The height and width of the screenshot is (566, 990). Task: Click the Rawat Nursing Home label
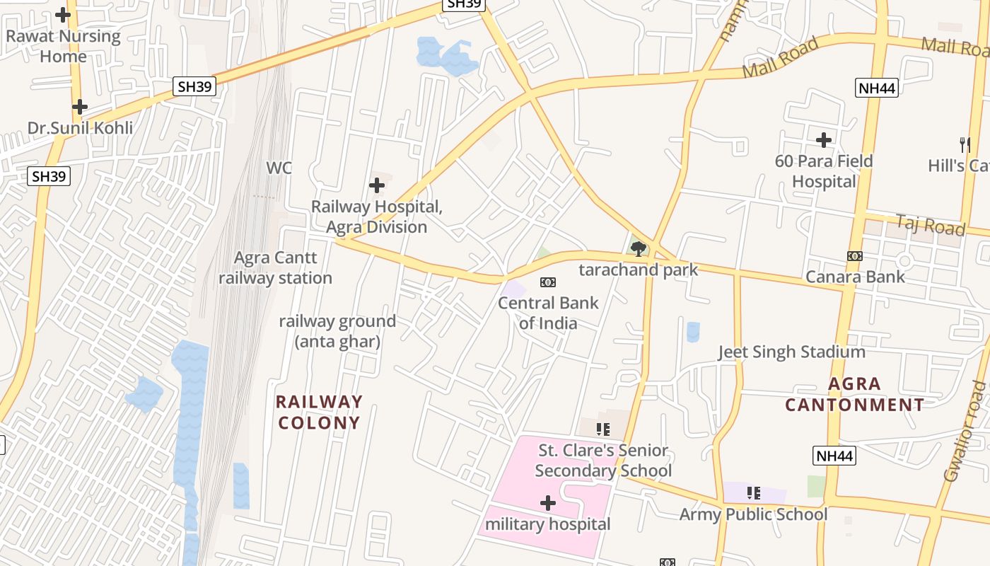click(x=63, y=46)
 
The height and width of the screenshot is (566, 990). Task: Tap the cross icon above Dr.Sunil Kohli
click(x=80, y=107)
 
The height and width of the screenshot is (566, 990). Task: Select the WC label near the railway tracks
click(x=279, y=168)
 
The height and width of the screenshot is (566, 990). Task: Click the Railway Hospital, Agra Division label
click(x=377, y=217)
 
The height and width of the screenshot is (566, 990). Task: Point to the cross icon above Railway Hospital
click(x=377, y=185)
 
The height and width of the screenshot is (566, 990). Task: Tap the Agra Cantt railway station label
click(x=275, y=268)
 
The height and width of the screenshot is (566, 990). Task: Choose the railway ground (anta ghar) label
click(x=337, y=331)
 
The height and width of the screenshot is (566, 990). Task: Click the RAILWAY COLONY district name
click(x=319, y=412)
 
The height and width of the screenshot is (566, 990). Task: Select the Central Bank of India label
click(x=548, y=313)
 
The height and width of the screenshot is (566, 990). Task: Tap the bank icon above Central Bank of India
click(x=548, y=282)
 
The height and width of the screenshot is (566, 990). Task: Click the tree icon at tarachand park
click(x=639, y=248)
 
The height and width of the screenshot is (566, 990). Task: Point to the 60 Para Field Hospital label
click(x=824, y=171)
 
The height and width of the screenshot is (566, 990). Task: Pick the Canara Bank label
click(x=856, y=276)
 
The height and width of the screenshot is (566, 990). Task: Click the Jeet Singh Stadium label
click(x=791, y=352)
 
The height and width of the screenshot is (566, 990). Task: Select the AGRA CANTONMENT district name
click(x=854, y=394)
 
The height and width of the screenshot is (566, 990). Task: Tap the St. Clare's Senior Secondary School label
click(x=603, y=461)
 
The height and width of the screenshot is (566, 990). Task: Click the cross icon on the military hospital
click(x=548, y=503)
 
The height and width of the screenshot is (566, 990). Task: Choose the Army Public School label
click(x=753, y=514)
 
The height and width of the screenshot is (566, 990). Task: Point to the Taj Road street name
click(x=930, y=226)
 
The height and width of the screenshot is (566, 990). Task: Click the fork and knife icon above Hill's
click(x=965, y=144)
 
